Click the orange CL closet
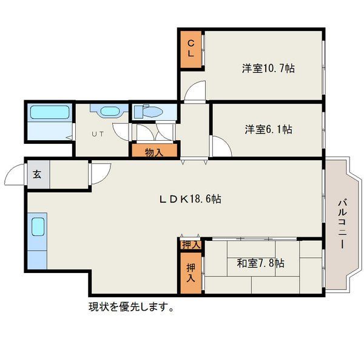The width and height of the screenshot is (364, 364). (x=191, y=49)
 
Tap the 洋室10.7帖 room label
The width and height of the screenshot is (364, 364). (x=268, y=69)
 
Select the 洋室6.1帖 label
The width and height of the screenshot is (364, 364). (x=268, y=129)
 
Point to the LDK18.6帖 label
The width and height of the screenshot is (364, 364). (x=190, y=199)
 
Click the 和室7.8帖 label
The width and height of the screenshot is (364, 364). (x=260, y=263)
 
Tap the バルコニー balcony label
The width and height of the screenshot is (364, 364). (x=343, y=224)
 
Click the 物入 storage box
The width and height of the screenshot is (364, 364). (x=154, y=150)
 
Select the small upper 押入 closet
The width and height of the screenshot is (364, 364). (x=191, y=245)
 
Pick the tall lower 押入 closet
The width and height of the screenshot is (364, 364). (x=191, y=273)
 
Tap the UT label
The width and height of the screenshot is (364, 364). (x=98, y=134)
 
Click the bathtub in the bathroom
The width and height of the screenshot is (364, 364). (x=50, y=112)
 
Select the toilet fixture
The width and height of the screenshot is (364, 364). (x=149, y=112)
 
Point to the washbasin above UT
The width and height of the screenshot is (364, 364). (x=110, y=111)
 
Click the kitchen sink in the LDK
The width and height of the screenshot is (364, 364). (x=38, y=227)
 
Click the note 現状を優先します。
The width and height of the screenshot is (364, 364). (x=131, y=307)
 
